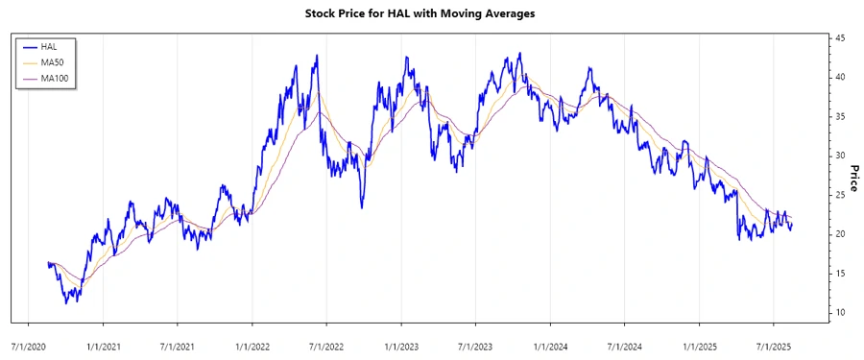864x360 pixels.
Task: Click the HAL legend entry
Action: (x=49, y=46)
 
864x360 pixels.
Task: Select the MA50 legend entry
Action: (x=53, y=61)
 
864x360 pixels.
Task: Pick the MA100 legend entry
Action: (x=55, y=78)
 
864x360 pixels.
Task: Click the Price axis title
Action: (x=854, y=177)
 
